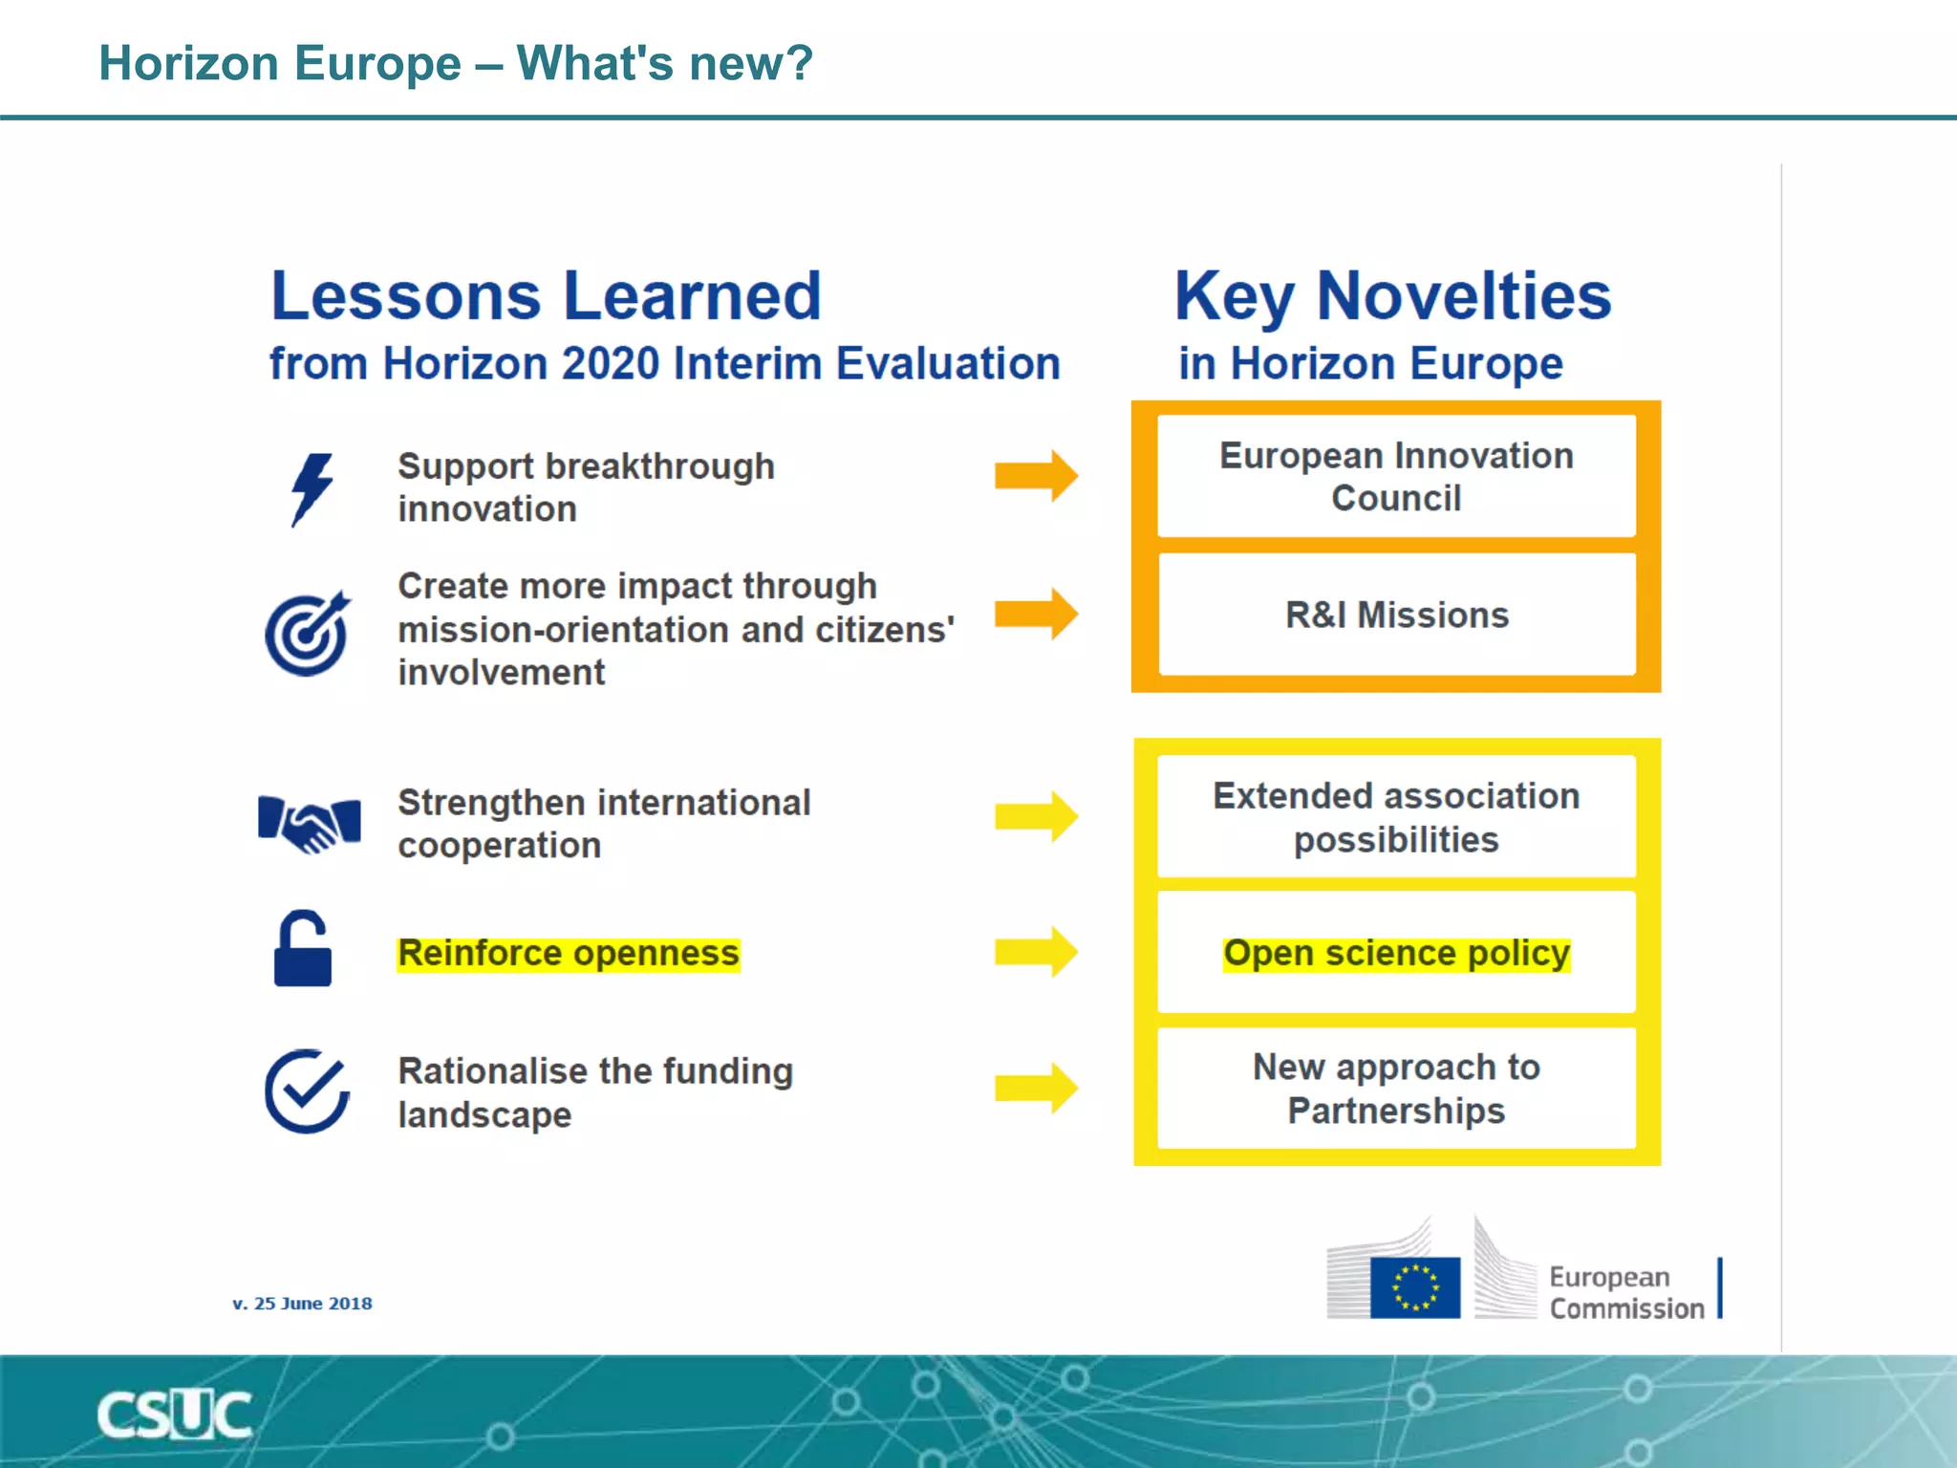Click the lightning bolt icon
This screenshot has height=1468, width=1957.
[x=312, y=488]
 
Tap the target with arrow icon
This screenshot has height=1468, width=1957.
[x=308, y=633]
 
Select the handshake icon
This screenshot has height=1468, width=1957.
[x=310, y=823]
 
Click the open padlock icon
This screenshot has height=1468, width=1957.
[x=302, y=949]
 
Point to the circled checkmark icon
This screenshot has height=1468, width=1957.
[x=307, y=1090]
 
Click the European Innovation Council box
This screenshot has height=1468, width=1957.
[x=1396, y=477]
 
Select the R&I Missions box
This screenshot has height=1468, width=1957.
[x=1396, y=615]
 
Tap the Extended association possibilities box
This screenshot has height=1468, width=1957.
[x=1396, y=817]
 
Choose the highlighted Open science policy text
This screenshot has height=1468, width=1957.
[x=1396, y=953]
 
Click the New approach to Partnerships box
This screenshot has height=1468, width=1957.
[x=1396, y=1089]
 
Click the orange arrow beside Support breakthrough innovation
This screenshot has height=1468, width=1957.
[x=1036, y=475]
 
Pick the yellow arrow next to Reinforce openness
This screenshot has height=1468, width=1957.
[x=1036, y=952]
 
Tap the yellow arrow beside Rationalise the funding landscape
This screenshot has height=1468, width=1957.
[x=1036, y=1088]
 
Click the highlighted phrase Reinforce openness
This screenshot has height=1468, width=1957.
[x=569, y=953]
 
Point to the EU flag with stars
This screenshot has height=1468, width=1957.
[x=1414, y=1286]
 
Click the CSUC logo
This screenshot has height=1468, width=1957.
[x=174, y=1414]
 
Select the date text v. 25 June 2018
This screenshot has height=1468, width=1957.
[x=302, y=1304]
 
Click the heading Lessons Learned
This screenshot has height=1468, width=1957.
[x=546, y=295]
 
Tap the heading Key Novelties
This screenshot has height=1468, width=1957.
[x=1392, y=295]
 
